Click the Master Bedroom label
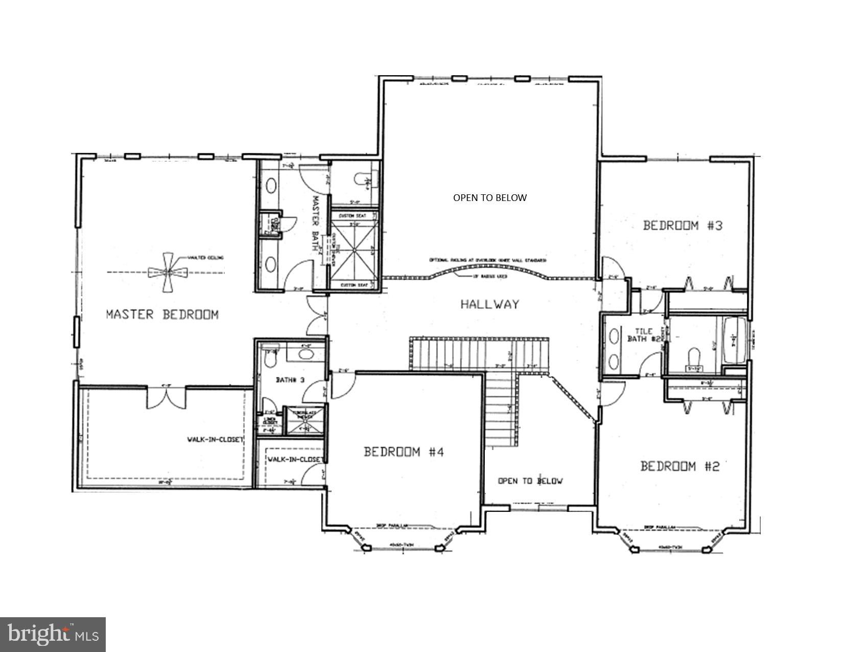tap(162, 314)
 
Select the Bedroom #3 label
tap(683, 226)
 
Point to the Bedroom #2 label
tap(680, 466)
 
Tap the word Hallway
tap(489, 304)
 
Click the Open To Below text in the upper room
tap(489, 198)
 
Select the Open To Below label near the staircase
tap(530, 481)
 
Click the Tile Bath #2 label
tap(645, 335)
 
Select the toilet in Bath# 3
tap(270, 359)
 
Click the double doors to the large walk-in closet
tap(167, 397)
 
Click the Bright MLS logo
tap(53, 635)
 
